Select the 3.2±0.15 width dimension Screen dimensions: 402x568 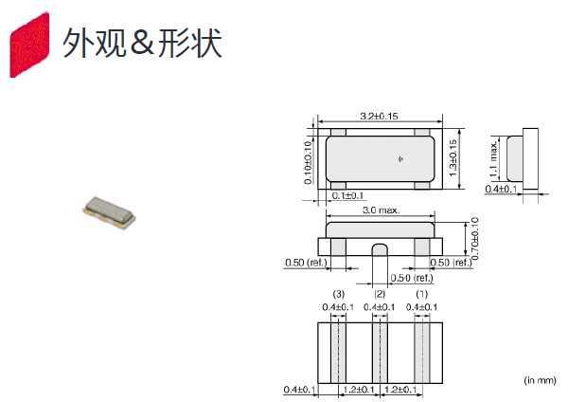[x=379, y=116]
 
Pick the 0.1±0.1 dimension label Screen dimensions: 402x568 [x=350, y=195]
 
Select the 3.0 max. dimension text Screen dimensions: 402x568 [x=381, y=211]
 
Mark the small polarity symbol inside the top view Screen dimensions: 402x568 [x=401, y=157]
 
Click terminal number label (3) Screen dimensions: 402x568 [x=339, y=295]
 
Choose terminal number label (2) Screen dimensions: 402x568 [x=381, y=295]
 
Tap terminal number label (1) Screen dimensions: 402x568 [x=422, y=295]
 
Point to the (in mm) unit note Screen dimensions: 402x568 [x=541, y=379]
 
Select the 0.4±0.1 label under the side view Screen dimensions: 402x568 [x=502, y=189]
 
